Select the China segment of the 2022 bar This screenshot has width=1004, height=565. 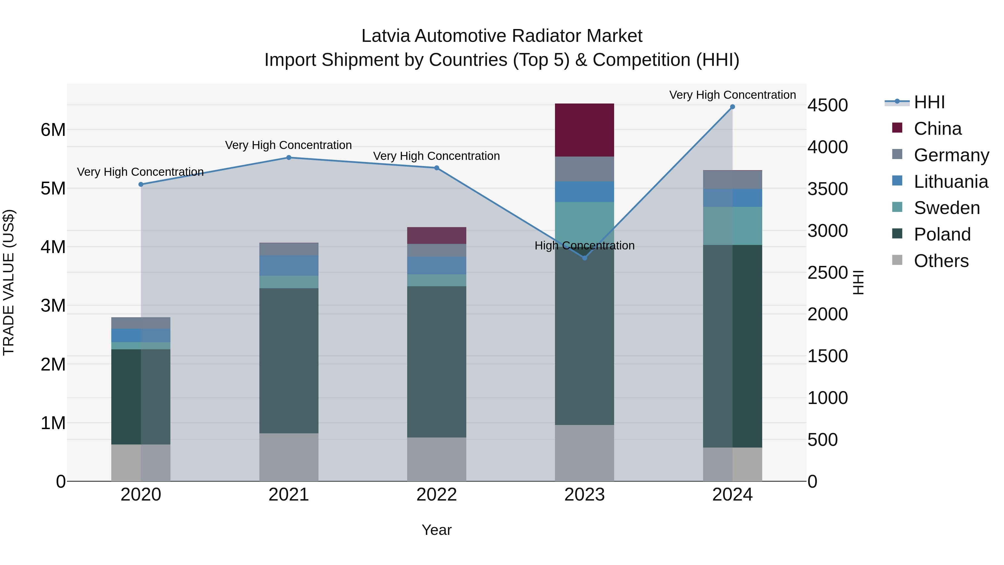tap(436, 235)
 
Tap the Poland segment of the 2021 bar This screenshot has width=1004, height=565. tap(289, 361)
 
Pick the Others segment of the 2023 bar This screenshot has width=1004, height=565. tap(584, 453)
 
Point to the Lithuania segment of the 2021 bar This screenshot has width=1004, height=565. tap(289, 266)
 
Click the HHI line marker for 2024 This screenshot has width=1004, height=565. tap(732, 107)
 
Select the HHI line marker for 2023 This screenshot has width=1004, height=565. tap(584, 258)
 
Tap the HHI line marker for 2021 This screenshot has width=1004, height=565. tap(289, 158)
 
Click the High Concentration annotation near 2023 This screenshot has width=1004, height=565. tap(584, 246)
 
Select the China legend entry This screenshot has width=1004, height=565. tap(937, 129)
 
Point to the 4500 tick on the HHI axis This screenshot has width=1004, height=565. tap(827, 105)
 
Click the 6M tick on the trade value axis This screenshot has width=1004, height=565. tap(53, 130)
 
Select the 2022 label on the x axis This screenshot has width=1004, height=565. tap(436, 494)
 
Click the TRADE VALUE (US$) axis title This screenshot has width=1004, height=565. tap(9, 282)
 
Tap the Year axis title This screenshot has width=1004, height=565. tap(436, 530)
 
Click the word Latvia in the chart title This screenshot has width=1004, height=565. tap(386, 36)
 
